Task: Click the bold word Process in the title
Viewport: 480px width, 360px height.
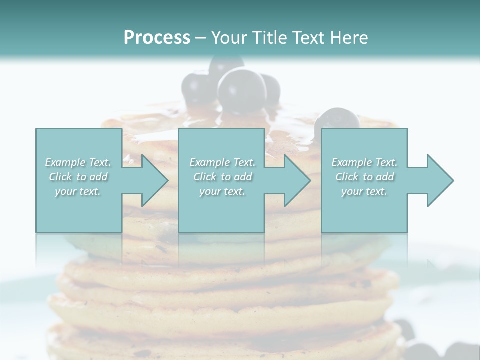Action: point(157,38)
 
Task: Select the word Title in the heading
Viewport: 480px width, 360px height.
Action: point(268,38)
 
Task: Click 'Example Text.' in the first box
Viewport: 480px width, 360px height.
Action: point(78,162)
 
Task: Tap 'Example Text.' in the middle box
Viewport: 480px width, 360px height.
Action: point(222,162)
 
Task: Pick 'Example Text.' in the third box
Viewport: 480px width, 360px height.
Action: point(364,162)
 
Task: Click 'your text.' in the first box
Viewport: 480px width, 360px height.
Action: point(78,191)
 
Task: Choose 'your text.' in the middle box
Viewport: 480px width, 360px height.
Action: point(222,191)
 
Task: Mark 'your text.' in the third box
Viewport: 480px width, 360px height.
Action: point(364,191)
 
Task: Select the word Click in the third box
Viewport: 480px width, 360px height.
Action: point(347,177)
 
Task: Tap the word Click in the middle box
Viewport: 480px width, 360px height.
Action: point(205,177)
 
